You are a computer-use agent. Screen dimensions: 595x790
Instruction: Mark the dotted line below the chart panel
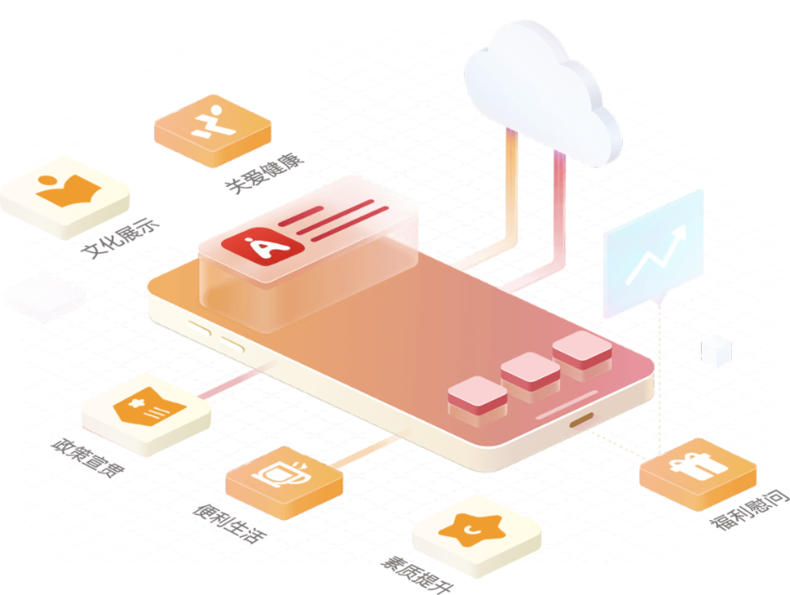[x=659, y=370]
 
